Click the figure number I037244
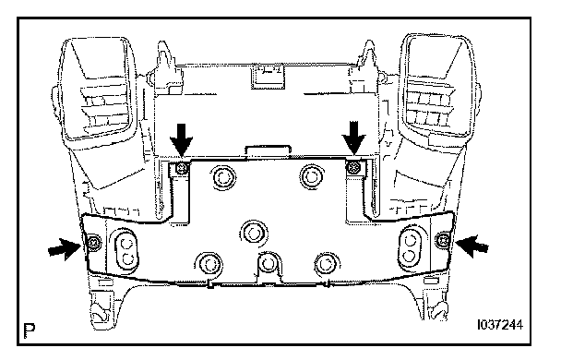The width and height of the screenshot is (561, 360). point(500,325)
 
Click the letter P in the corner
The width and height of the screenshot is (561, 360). point(30,330)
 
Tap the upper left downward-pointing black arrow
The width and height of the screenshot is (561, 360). point(182,139)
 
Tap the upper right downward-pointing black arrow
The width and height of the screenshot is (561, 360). point(353,138)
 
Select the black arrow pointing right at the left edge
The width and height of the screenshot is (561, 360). point(65,248)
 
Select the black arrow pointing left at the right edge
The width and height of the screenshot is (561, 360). point(472,246)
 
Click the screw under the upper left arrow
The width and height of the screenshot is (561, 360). point(183,167)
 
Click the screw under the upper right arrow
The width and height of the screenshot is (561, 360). point(354,166)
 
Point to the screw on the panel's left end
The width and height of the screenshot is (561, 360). point(93,244)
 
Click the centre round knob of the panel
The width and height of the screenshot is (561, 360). point(254,234)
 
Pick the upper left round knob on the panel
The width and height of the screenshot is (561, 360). point(223,177)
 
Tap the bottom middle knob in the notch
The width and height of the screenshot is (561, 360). point(268,264)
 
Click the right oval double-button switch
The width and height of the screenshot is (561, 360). point(410,246)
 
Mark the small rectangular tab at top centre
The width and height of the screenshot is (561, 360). point(268,77)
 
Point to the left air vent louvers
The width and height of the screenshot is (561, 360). point(103,109)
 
